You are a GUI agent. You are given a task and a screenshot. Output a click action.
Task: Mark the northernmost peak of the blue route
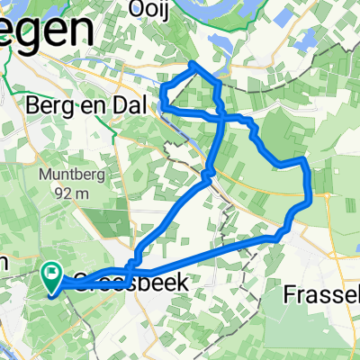click(x=193, y=64)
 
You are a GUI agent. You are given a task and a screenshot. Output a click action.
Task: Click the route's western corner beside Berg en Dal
click(x=162, y=106)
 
